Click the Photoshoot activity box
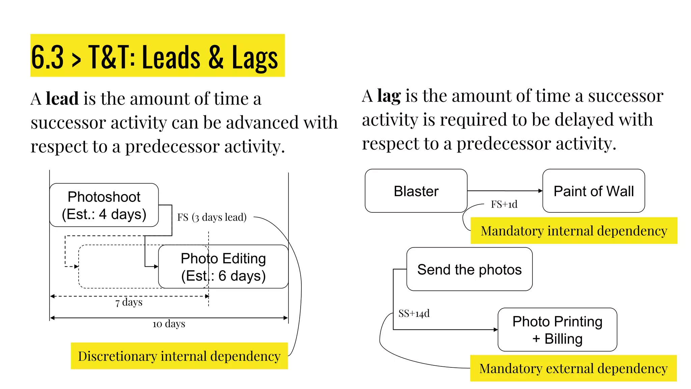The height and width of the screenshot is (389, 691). coord(104,205)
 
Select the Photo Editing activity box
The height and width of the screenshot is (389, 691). coord(223,266)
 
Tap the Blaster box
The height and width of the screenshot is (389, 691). coord(416,191)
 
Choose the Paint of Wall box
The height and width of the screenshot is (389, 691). coord(593,191)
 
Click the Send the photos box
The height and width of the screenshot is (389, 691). coord(469,269)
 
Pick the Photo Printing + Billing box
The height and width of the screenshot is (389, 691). coord(557,330)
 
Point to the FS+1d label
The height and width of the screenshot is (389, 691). coord(504,204)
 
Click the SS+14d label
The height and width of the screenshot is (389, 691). coord(414,313)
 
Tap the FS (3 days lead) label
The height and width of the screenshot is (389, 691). coord(212,217)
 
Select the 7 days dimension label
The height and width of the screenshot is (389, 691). coord(129,302)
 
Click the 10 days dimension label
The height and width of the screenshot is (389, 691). coord(169,324)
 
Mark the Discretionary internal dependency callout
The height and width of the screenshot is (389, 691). coord(179,356)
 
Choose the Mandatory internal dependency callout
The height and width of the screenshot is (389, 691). coord(574,231)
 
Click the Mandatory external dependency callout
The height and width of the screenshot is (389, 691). coord(574,368)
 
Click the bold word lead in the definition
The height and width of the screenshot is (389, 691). coord(62,99)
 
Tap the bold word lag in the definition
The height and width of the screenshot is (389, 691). coord(389,96)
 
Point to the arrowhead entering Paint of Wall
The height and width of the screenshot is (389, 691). coord(541,191)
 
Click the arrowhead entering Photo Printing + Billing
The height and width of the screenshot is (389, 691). coord(496,330)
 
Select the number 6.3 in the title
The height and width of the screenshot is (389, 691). coord(47,57)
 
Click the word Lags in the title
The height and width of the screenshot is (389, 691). coord(255,58)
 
